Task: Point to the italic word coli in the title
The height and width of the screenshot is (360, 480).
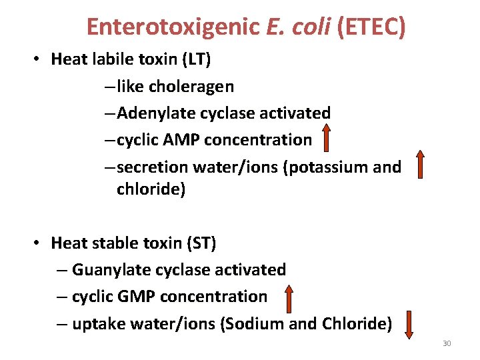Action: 312,27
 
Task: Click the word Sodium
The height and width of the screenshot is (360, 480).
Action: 256,323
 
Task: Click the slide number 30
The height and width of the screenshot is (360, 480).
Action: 447,343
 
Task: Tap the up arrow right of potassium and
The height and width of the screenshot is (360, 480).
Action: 420,164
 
